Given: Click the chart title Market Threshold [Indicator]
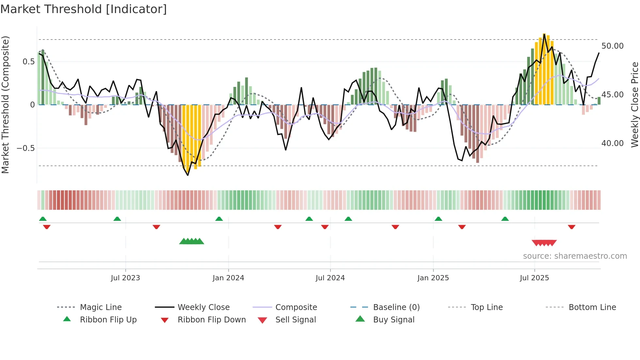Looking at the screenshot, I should [x=84, y=9].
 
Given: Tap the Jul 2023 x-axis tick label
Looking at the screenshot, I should [x=125, y=278].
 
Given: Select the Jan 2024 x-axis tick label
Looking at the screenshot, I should [x=228, y=278].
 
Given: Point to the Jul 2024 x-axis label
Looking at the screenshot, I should [x=330, y=278].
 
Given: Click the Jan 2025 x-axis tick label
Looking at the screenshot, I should [x=433, y=278].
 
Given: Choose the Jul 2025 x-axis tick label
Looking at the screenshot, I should [x=534, y=278].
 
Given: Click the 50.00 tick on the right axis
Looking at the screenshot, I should [x=612, y=46].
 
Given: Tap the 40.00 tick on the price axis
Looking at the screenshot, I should [x=612, y=143].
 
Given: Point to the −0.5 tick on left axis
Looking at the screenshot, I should [x=26, y=148].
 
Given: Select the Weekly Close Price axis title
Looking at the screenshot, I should [x=634, y=105].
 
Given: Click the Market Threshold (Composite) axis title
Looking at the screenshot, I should [x=5, y=105].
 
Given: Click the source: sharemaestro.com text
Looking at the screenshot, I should [x=575, y=256].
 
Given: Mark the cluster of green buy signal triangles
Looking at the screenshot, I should [x=192, y=242].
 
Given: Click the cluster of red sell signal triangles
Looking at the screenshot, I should [x=544, y=243].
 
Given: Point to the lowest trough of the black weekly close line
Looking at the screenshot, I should [x=188, y=175].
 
